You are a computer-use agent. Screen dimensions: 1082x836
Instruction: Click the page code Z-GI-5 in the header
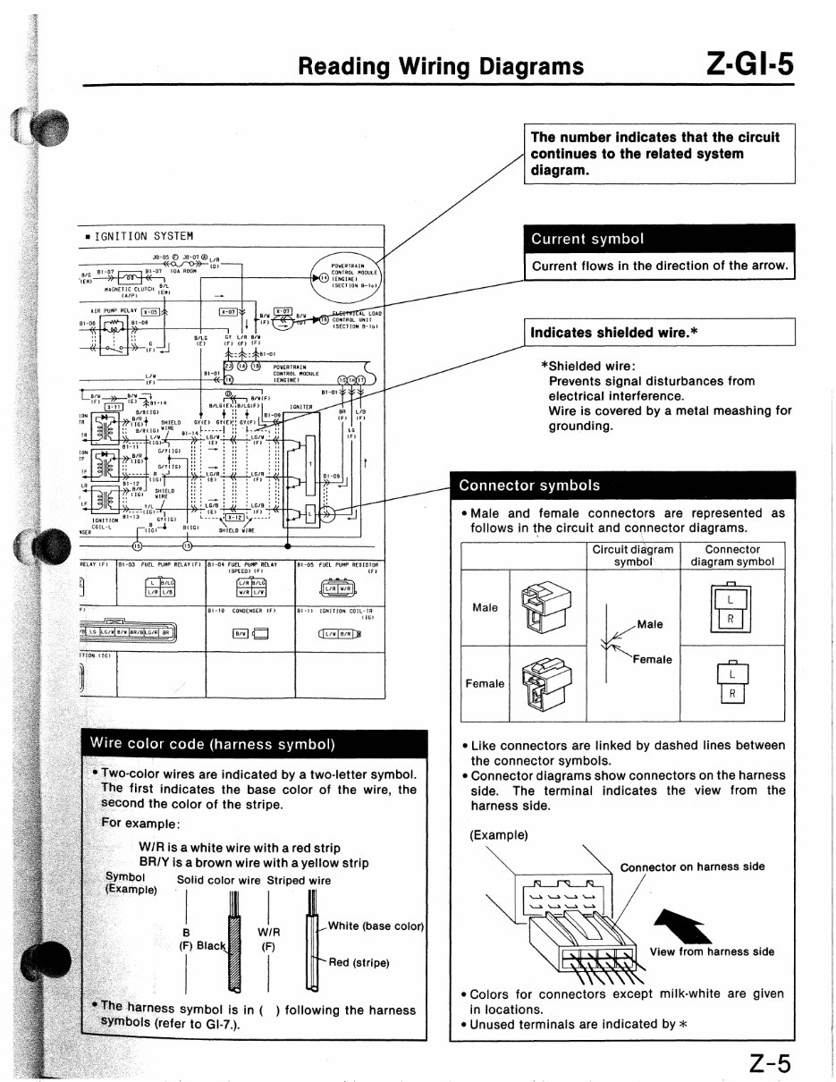[x=749, y=64]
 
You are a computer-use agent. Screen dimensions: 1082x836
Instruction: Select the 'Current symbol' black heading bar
[x=659, y=239]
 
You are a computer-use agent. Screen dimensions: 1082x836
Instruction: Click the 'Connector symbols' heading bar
[x=623, y=486]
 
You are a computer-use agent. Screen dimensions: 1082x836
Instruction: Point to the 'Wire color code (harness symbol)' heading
[x=212, y=744]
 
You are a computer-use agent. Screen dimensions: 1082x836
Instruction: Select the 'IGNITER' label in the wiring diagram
[x=299, y=405]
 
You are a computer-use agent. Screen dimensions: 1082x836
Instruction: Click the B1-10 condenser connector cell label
[x=241, y=612]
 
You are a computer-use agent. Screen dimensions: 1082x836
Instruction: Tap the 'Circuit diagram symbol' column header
[x=633, y=556]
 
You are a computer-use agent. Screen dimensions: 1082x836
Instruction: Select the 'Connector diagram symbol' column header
[x=732, y=556]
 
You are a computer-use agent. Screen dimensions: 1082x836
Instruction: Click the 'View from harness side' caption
[x=712, y=951]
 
